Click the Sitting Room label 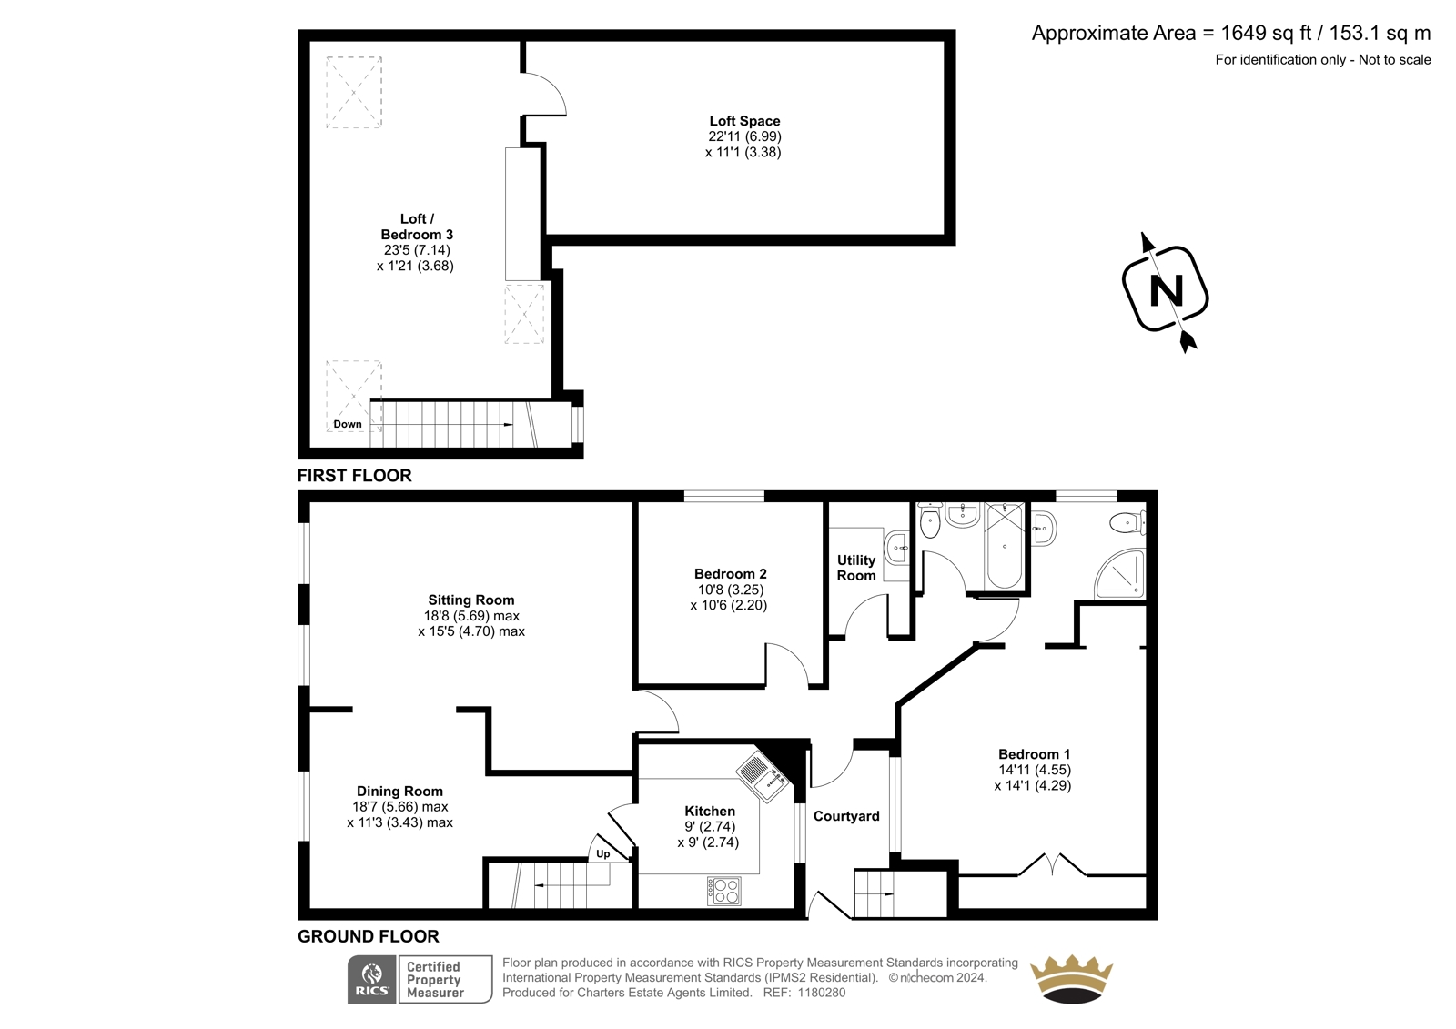point(470,600)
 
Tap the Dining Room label point(399,792)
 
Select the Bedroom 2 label point(730,574)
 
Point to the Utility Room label point(856,568)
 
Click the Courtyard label point(846,816)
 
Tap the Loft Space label point(744,121)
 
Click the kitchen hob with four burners point(724,891)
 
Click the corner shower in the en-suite point(1120,572)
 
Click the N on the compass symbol point(1166,290)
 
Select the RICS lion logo point(372,979)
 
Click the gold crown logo point(1071,979)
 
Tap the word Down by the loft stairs point(347,424)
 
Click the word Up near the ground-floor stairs point(603,853)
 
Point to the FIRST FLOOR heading point(354,475)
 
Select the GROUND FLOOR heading point(368,936)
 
